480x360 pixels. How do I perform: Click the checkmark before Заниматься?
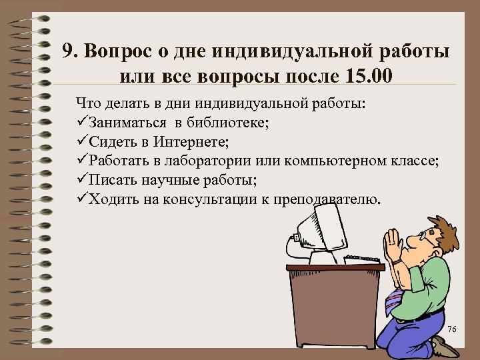point(82,123)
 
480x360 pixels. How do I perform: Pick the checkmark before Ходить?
point(82,198)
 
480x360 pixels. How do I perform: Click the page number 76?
point(451,331)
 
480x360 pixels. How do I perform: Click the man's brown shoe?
point(444,347)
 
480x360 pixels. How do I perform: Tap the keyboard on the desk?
point(364,258)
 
